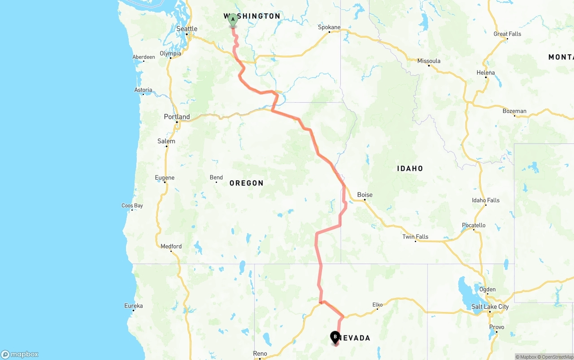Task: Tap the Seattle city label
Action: point(187,29)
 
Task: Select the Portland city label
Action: point(177,117)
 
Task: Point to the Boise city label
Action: point(365,195)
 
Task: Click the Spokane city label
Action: point(329,27)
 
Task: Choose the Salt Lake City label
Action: point(490,307)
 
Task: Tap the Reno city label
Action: point(260,354)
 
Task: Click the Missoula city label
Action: point(429,61)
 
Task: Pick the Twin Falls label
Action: point(415,237)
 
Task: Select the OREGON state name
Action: point(246,183)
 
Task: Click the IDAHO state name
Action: point(410,169)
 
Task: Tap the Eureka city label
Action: point(134,306)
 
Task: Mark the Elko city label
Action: point(378,305)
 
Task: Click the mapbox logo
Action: point(20,354)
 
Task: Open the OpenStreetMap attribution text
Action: point(556,357)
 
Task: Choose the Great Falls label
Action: point(507,34)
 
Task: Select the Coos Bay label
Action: point(132,206)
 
